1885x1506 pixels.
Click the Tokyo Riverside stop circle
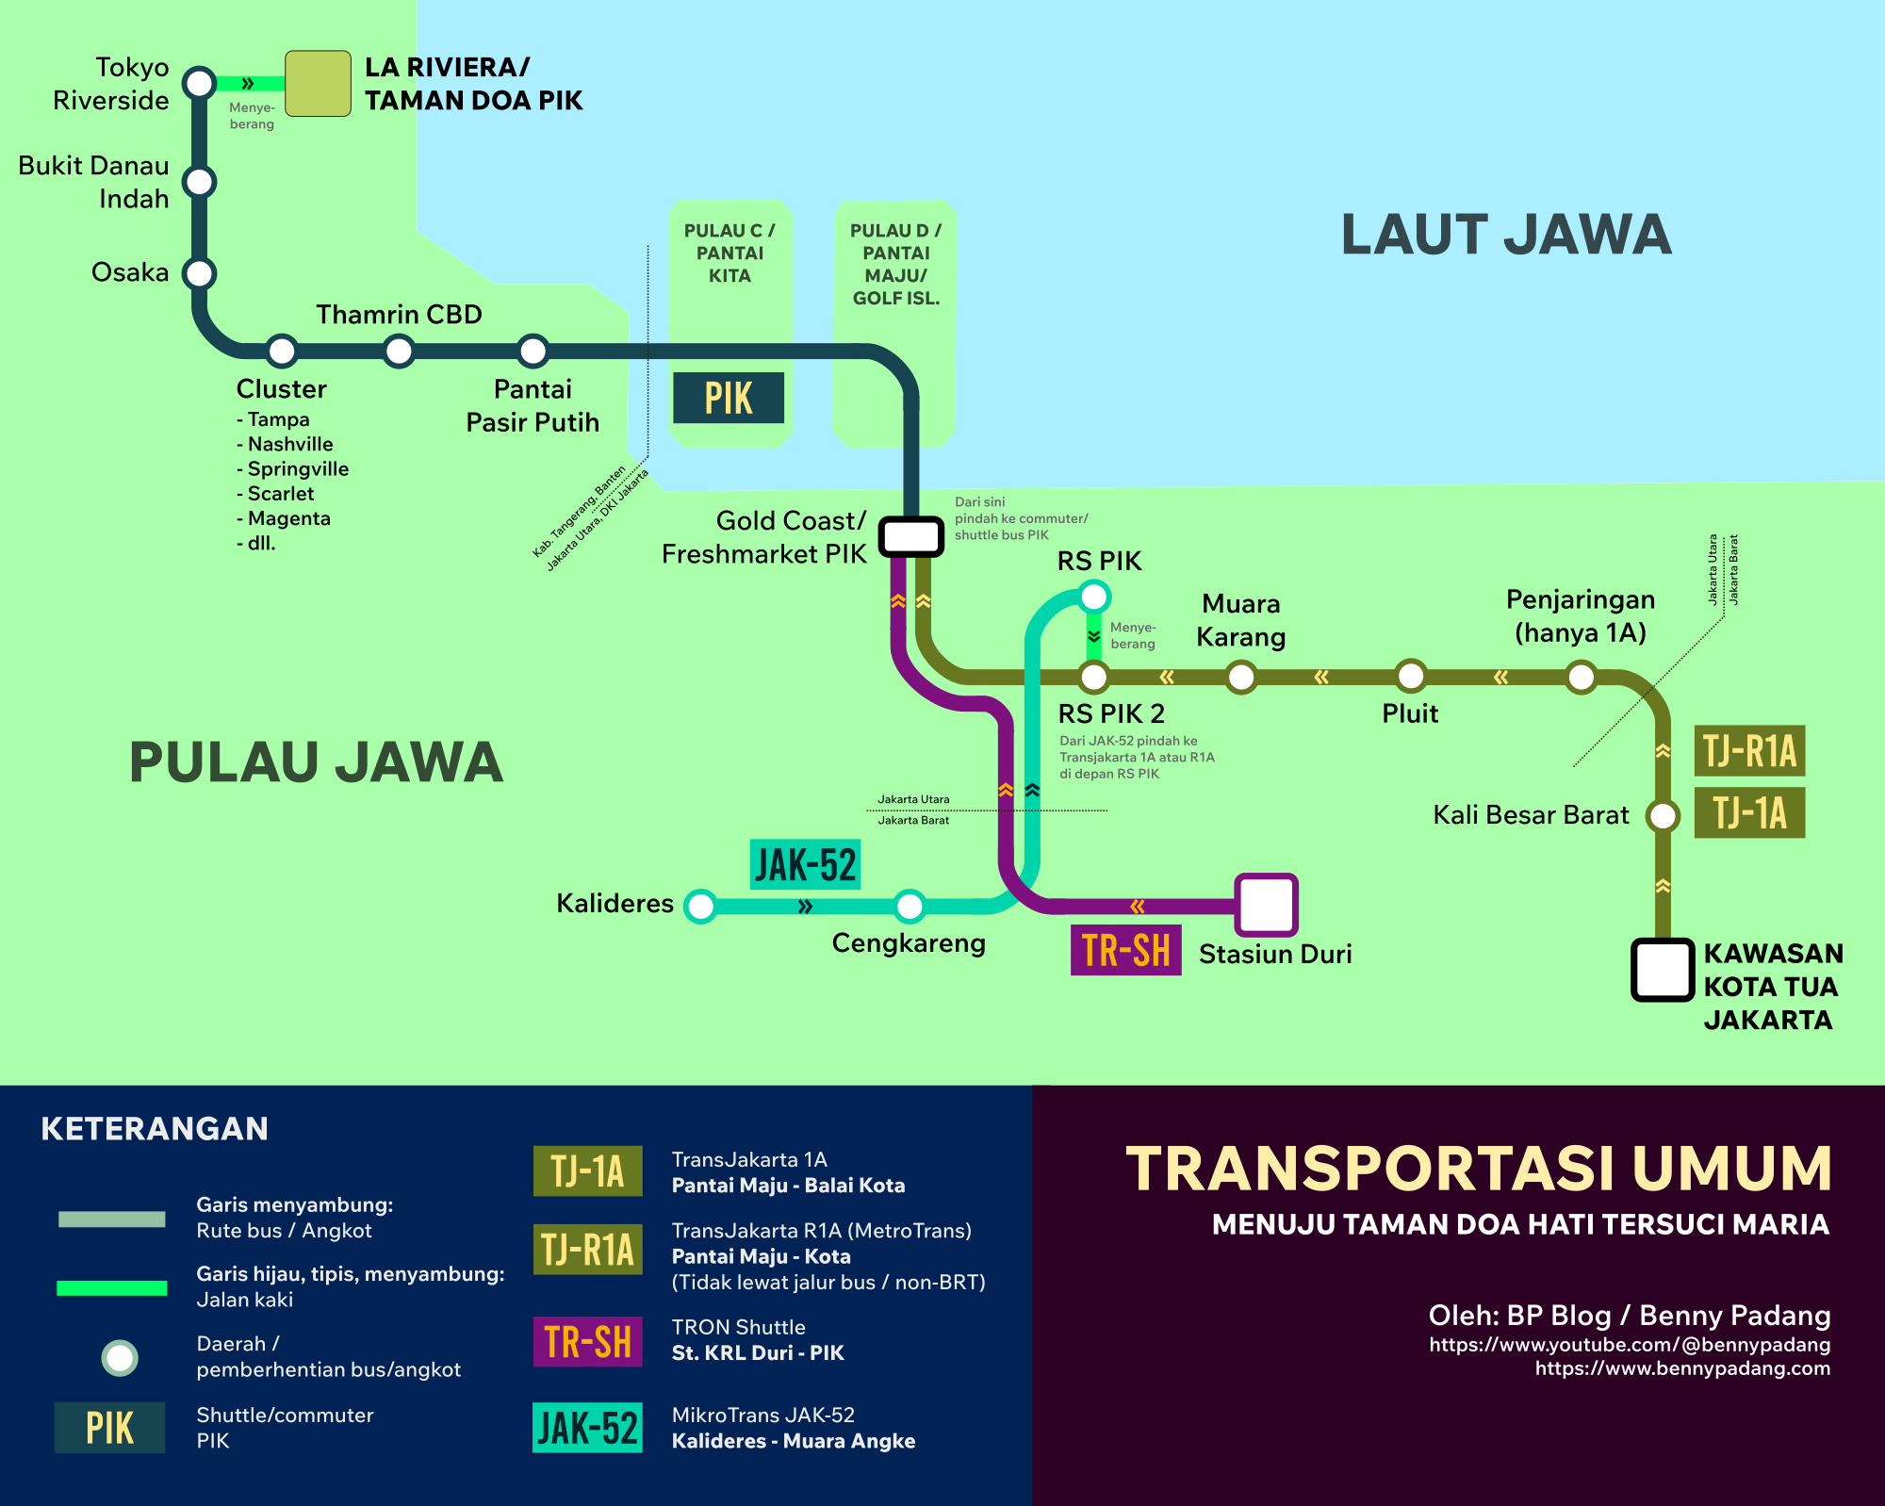pos(200,83)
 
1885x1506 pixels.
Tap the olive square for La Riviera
pos(319,84)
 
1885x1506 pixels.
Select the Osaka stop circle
pos(200,273)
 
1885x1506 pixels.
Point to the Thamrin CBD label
pos(399,314)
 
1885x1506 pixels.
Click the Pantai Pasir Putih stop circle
pos(533,351)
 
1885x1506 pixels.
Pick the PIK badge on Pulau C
pos(729,398)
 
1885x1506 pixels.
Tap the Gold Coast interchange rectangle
pos(911,536)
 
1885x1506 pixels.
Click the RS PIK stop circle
pos(1094,597)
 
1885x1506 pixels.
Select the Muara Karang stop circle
pos(1241,677)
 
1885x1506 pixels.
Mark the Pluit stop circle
pos(1411,676)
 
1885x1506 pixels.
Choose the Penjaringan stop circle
pos(1582,677)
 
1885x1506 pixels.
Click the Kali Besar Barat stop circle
pos(1664,815)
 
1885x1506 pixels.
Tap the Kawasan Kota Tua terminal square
pos(1663,970)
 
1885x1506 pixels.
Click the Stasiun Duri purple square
pos(1267,905)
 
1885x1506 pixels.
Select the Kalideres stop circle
pos(700,906)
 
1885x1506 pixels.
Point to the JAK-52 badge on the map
pos(806,864)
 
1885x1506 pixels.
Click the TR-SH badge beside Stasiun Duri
pos(1125,950)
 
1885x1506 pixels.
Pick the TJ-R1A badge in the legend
pos(587,1250)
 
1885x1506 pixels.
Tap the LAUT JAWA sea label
pos(1506,235)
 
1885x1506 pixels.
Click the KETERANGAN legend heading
pos(155,1128)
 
